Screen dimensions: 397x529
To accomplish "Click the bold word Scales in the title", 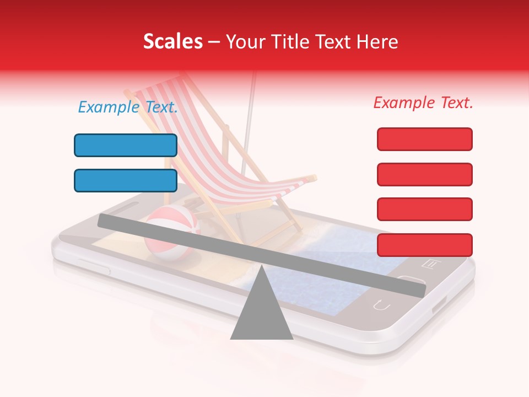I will (173, 42).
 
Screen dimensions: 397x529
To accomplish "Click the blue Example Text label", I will (128, 108).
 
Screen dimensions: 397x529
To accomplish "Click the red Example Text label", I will (423, 103).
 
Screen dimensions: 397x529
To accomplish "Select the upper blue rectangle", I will (126, 146).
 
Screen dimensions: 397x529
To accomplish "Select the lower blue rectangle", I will (126, 181).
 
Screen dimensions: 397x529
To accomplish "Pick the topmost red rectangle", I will (424, 139).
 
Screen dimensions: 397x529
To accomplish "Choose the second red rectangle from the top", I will (424, 174).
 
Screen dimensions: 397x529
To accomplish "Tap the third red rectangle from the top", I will (424, 209).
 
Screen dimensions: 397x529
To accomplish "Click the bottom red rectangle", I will (424, 245).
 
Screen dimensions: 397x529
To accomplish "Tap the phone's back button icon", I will (381, 304).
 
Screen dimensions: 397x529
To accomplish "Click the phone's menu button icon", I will (431, 264).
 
